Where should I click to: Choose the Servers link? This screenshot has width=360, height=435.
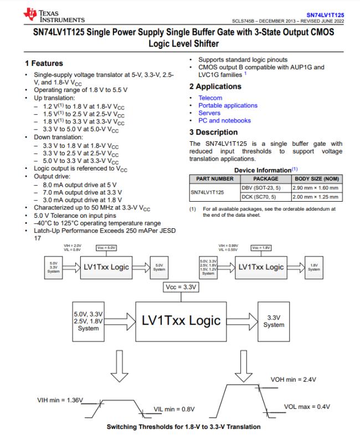tap(209, 113)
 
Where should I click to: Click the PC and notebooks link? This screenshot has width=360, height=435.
tap(224, 120)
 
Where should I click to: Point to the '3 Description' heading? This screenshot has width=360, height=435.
tap(213, 132)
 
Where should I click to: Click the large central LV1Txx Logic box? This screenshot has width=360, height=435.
tap(181, 320)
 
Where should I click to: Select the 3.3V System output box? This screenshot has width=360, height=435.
tap(274, 321)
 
